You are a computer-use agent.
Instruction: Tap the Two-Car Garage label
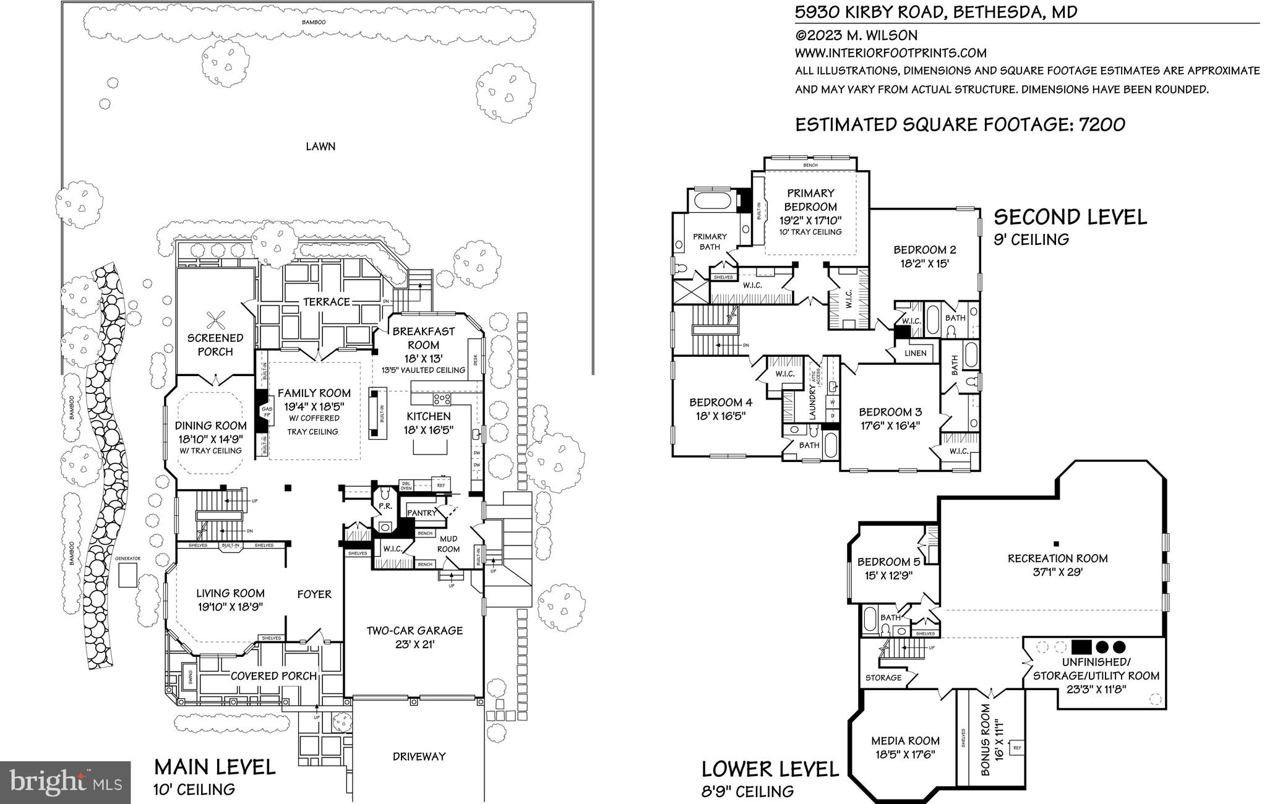pos(414,631)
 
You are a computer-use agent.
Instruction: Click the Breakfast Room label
pos(424,338)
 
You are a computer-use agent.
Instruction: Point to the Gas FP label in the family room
pos(267,413)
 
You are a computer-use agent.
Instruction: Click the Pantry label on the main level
pos(421,513)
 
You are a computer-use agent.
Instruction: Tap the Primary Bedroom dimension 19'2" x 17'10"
pos(810,220)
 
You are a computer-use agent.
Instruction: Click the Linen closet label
pos(916,353)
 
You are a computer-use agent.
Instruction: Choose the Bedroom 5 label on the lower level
pos(888,562)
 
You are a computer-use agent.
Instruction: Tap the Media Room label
pos(905,741)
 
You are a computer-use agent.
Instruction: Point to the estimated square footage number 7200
pos(1102,125)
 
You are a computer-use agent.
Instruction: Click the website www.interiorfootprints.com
pos(890,53)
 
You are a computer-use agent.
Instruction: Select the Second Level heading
pos(1070,217)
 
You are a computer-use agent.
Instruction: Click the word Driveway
pos(419,756)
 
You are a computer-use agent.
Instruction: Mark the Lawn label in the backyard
pos(320,147)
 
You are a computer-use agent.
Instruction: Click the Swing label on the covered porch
pos(190,677)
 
